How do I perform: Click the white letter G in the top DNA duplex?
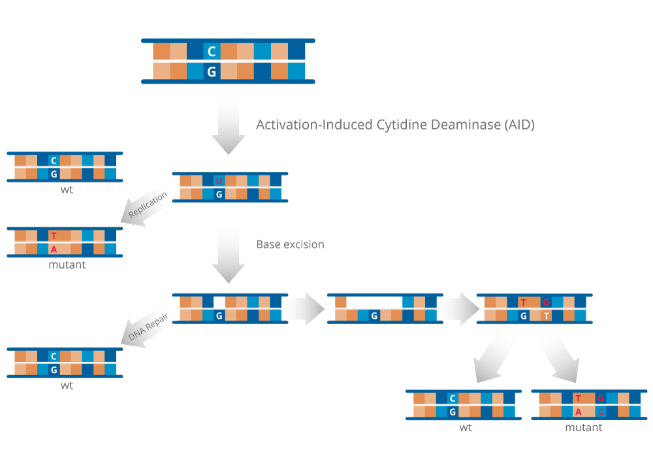211,72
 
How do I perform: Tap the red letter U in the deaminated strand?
219,180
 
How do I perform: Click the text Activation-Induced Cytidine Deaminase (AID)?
395,125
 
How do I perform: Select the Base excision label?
290,244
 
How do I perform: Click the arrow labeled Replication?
147,208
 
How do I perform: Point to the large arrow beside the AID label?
229,124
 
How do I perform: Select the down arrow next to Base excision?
229,253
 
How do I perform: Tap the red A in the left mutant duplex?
54,249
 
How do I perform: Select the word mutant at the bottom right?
583,428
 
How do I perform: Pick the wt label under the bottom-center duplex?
466,428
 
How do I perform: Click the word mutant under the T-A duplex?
67,265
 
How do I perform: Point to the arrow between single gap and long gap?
304,309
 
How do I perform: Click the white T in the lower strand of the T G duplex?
547,316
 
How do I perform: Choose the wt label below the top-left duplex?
67,189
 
